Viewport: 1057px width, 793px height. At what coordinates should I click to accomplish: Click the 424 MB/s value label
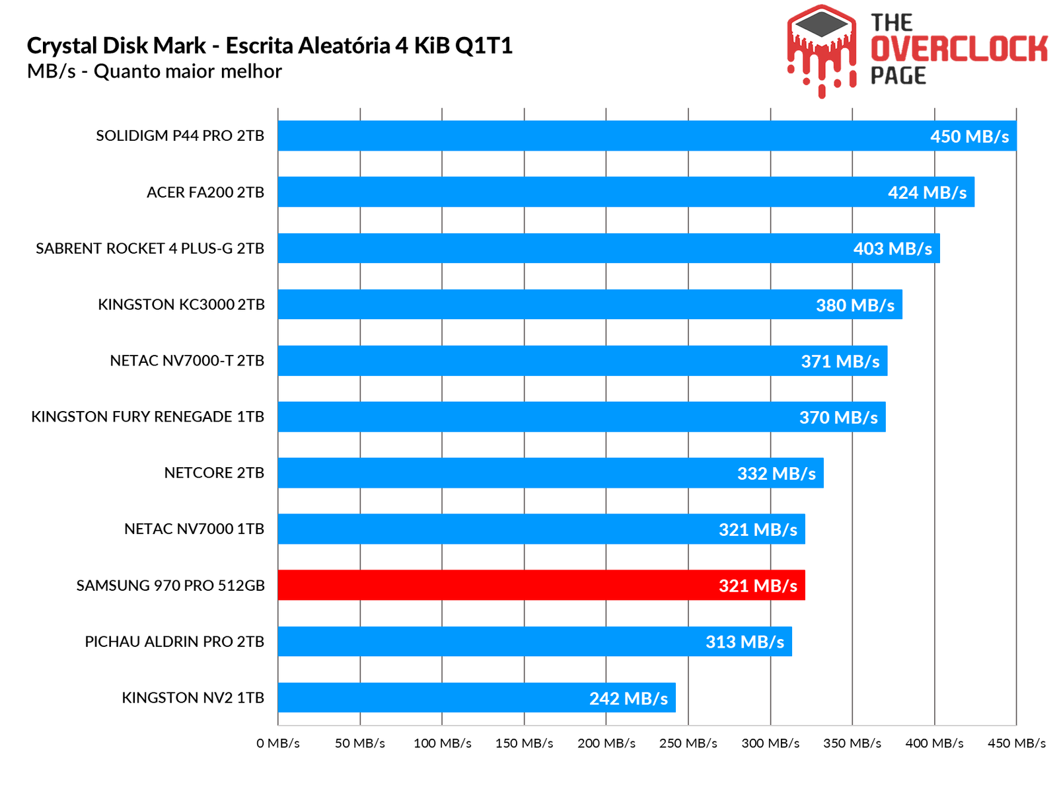tap(927, 193)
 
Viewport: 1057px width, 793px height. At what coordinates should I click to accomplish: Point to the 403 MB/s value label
tap(893, 249)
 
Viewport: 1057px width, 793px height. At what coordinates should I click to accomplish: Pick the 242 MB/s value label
tap(628, 699)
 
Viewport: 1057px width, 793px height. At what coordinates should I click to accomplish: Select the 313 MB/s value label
tap(745, 642)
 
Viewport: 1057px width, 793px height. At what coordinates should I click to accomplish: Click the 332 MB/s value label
tap(776, 474)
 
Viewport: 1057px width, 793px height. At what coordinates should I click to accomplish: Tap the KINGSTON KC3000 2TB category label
tap(181, 305)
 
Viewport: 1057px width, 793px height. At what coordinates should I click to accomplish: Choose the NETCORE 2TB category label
tap(214, 473)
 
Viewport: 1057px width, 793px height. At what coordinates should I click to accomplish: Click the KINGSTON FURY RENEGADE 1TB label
tap(147, 417)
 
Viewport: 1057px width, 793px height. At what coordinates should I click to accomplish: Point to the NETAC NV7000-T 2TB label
tap(187, 361)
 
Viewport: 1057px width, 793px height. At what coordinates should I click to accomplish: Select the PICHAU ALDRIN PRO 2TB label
tap(174, 642)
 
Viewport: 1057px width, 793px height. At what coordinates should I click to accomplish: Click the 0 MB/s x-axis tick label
tap(278, 743)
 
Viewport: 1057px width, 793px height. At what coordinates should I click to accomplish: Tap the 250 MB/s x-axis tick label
tap(688, 743)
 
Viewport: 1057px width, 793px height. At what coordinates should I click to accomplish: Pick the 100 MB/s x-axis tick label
tap(442, 743)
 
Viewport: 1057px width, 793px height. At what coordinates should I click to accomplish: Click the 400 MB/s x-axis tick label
tap(934, 743)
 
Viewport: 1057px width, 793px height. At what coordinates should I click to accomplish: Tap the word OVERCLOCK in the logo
tap(959, 50)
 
